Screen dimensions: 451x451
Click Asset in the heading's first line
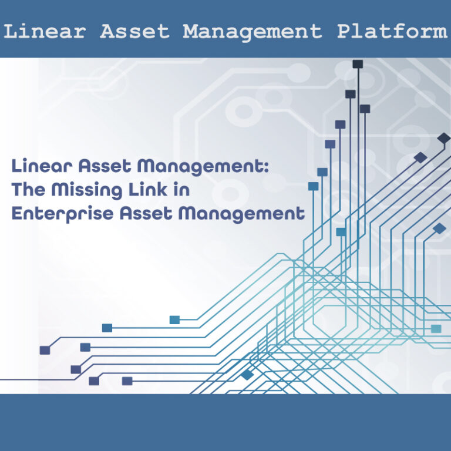click(103, 167)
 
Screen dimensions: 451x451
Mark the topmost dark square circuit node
click(358, 64)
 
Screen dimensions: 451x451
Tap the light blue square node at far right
click(436, 329)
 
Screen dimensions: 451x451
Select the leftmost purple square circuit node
click(45, 350)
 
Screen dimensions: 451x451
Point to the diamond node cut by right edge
click(445, 139)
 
